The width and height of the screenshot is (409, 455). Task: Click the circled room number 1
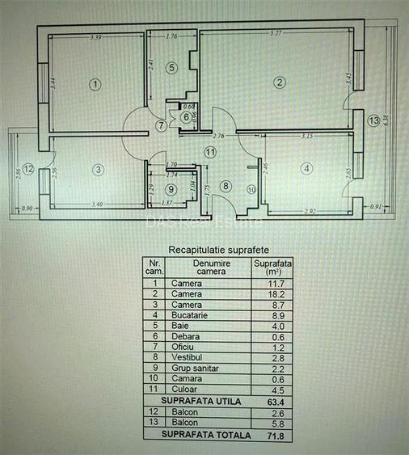pyautogui.click(x=95, y=83)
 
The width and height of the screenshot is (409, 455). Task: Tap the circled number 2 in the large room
pyautogui.click(x=279, y=82)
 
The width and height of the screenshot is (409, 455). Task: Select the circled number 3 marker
pyautogui.click(x=98, y=170)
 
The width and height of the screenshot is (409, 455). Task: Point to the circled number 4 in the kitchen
pyautogui.click(x=306, y=168)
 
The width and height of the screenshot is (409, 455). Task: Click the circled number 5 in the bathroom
pyautogui.click(x=171, y=69)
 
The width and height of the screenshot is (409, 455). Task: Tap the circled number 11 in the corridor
pyautogui.click(x=210, y=151)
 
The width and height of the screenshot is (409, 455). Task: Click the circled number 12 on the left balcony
pyautogui.click(x=27, y=169)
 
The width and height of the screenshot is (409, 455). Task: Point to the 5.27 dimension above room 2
pyautogui.click(x=277, y=33)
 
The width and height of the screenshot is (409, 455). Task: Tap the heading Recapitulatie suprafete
pyautogui.click(x=224, y=250)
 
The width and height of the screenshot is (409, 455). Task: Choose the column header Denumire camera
pyautogui.click(x=209, y=268)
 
